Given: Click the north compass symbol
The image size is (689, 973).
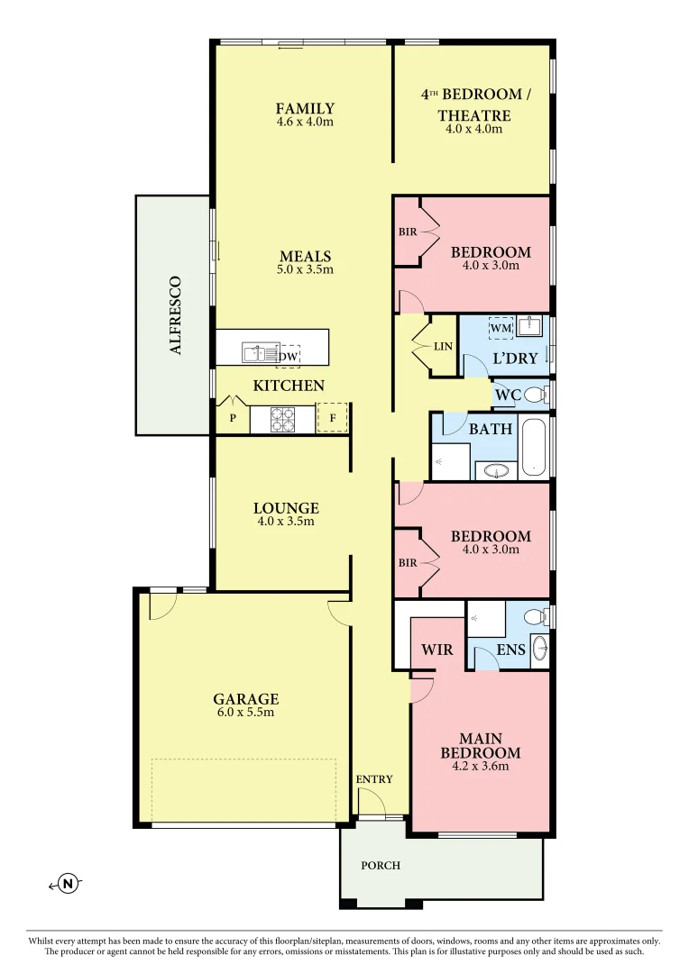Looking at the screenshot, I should (x=68, y=884).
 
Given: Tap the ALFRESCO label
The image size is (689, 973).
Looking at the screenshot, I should (x=177, y=314).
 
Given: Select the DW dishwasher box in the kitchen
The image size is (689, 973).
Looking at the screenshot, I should (x=289, y=357).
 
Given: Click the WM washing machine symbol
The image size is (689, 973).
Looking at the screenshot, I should (x=501, y=329).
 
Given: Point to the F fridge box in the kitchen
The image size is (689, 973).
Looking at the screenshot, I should (x=332, y=419).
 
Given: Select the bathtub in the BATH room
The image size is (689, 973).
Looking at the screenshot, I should (x=535, y=447).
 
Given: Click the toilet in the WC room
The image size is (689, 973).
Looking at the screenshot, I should (x=535, y=395).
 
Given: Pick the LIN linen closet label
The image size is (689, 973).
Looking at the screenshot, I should (x=443, y=347).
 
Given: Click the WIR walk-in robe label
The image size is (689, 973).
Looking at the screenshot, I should (x=437, y=650).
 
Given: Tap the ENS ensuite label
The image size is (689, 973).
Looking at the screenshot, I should (x=511, y=650).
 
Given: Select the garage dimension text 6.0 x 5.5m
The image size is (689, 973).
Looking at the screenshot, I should (x=245, y=712).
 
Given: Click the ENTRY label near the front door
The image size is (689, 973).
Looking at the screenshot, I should (x=374, y=779).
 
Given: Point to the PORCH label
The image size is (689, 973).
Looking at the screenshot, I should (x=381, y=866).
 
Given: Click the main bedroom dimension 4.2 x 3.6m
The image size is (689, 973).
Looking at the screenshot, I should (x=480, y=767).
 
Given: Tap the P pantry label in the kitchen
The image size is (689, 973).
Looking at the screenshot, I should (x=232, y=419).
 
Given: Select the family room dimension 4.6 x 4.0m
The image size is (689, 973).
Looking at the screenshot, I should (x=305, y=122).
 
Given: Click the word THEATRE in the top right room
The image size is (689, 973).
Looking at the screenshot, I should (x=473, y=115).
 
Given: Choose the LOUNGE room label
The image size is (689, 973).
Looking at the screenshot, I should (x=286, y=508).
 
